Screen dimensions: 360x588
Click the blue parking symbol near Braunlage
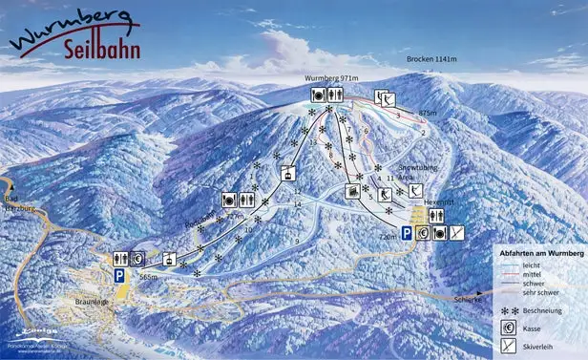click(x=119, y=275)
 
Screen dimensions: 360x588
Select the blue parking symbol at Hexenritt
click(x=406, y=232)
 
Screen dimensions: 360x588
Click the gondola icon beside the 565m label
click(x=168, y=258)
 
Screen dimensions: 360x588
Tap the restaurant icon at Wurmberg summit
click(x=318, y=94)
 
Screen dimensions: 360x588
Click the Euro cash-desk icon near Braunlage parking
click(x=138, y=258)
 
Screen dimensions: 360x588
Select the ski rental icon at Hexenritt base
click(x=457, y=232)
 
